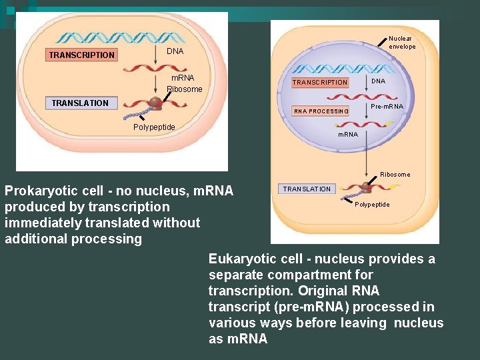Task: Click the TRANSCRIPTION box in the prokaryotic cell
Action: pos(81,55)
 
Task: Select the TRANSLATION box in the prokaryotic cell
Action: pos(80,103)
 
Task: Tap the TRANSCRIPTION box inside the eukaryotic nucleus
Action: pos(320,83)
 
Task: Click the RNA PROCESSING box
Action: pos(321,111)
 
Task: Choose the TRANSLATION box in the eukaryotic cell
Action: pos(306,189)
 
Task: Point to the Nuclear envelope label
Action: pos(402,43)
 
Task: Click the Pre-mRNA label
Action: pos(387,106)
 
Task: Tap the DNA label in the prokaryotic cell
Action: pos(175,51)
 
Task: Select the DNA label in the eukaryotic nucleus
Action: pos(378,81)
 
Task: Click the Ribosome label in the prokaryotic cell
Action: pos(184,89)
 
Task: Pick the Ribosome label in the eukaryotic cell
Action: pos(395,175)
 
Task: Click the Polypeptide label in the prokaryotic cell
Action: pos(154,127)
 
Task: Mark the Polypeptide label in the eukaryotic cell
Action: pos(372,205)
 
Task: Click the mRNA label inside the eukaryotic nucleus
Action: pos(348,135)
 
